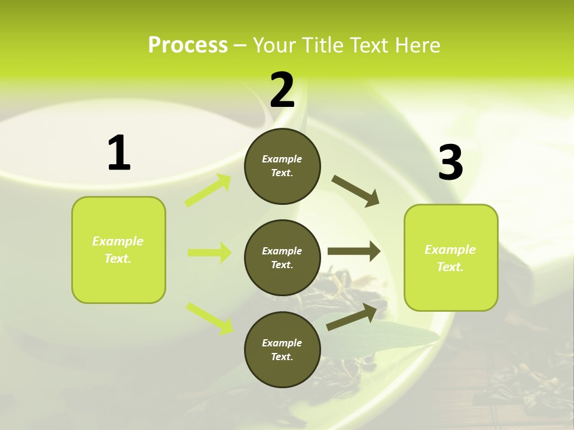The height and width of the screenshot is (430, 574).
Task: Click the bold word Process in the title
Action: coord(188,45)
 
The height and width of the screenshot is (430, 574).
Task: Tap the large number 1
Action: coord(119,153)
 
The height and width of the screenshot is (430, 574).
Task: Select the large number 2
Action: coord(282,90)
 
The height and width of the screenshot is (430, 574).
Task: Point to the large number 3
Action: coord(450,164)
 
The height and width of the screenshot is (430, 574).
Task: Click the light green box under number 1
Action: coord(118,250)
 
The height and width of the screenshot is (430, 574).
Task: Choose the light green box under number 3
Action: coord(451,257)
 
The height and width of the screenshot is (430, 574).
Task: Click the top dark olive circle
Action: coord(282,166)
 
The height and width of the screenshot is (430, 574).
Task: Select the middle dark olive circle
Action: coord(282,257)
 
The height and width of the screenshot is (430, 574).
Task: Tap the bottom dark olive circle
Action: coord(282,349)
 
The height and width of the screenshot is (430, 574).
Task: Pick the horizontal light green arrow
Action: coord(210,253)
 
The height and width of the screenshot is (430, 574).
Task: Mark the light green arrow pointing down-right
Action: coord(210,318)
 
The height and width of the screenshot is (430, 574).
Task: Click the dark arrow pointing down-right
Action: coord(356,191)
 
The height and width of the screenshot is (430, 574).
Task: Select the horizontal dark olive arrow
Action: coord(354,251)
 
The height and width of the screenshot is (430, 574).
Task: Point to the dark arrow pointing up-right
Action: coord(352,316)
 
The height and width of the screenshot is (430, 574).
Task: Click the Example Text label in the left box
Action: coord(118,250)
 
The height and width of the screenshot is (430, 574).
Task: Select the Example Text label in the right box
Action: coord(450,258)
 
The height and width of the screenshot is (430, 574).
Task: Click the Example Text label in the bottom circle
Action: coord(282,349)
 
